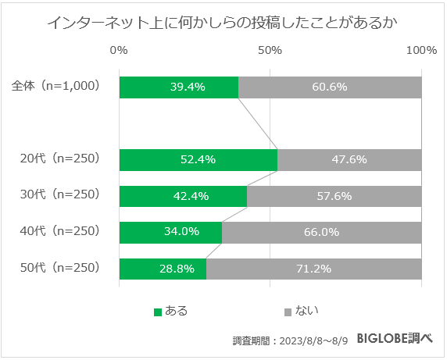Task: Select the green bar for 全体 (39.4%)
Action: coord(179,87)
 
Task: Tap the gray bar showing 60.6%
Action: coord(330,87)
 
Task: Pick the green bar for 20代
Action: coord(198,159)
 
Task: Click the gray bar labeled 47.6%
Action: coord(349,159)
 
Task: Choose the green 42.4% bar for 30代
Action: coord(183,196)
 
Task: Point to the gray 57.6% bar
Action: coord(334,196)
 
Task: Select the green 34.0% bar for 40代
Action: coord(170,232)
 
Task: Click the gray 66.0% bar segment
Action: coord(322,232)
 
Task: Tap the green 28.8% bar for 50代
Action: coord(163,269)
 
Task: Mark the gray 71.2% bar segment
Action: coord(314,269)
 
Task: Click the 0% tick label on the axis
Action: coord(120,51)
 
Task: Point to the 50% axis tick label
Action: coord(270,51)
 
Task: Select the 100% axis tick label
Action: coord(422,51)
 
